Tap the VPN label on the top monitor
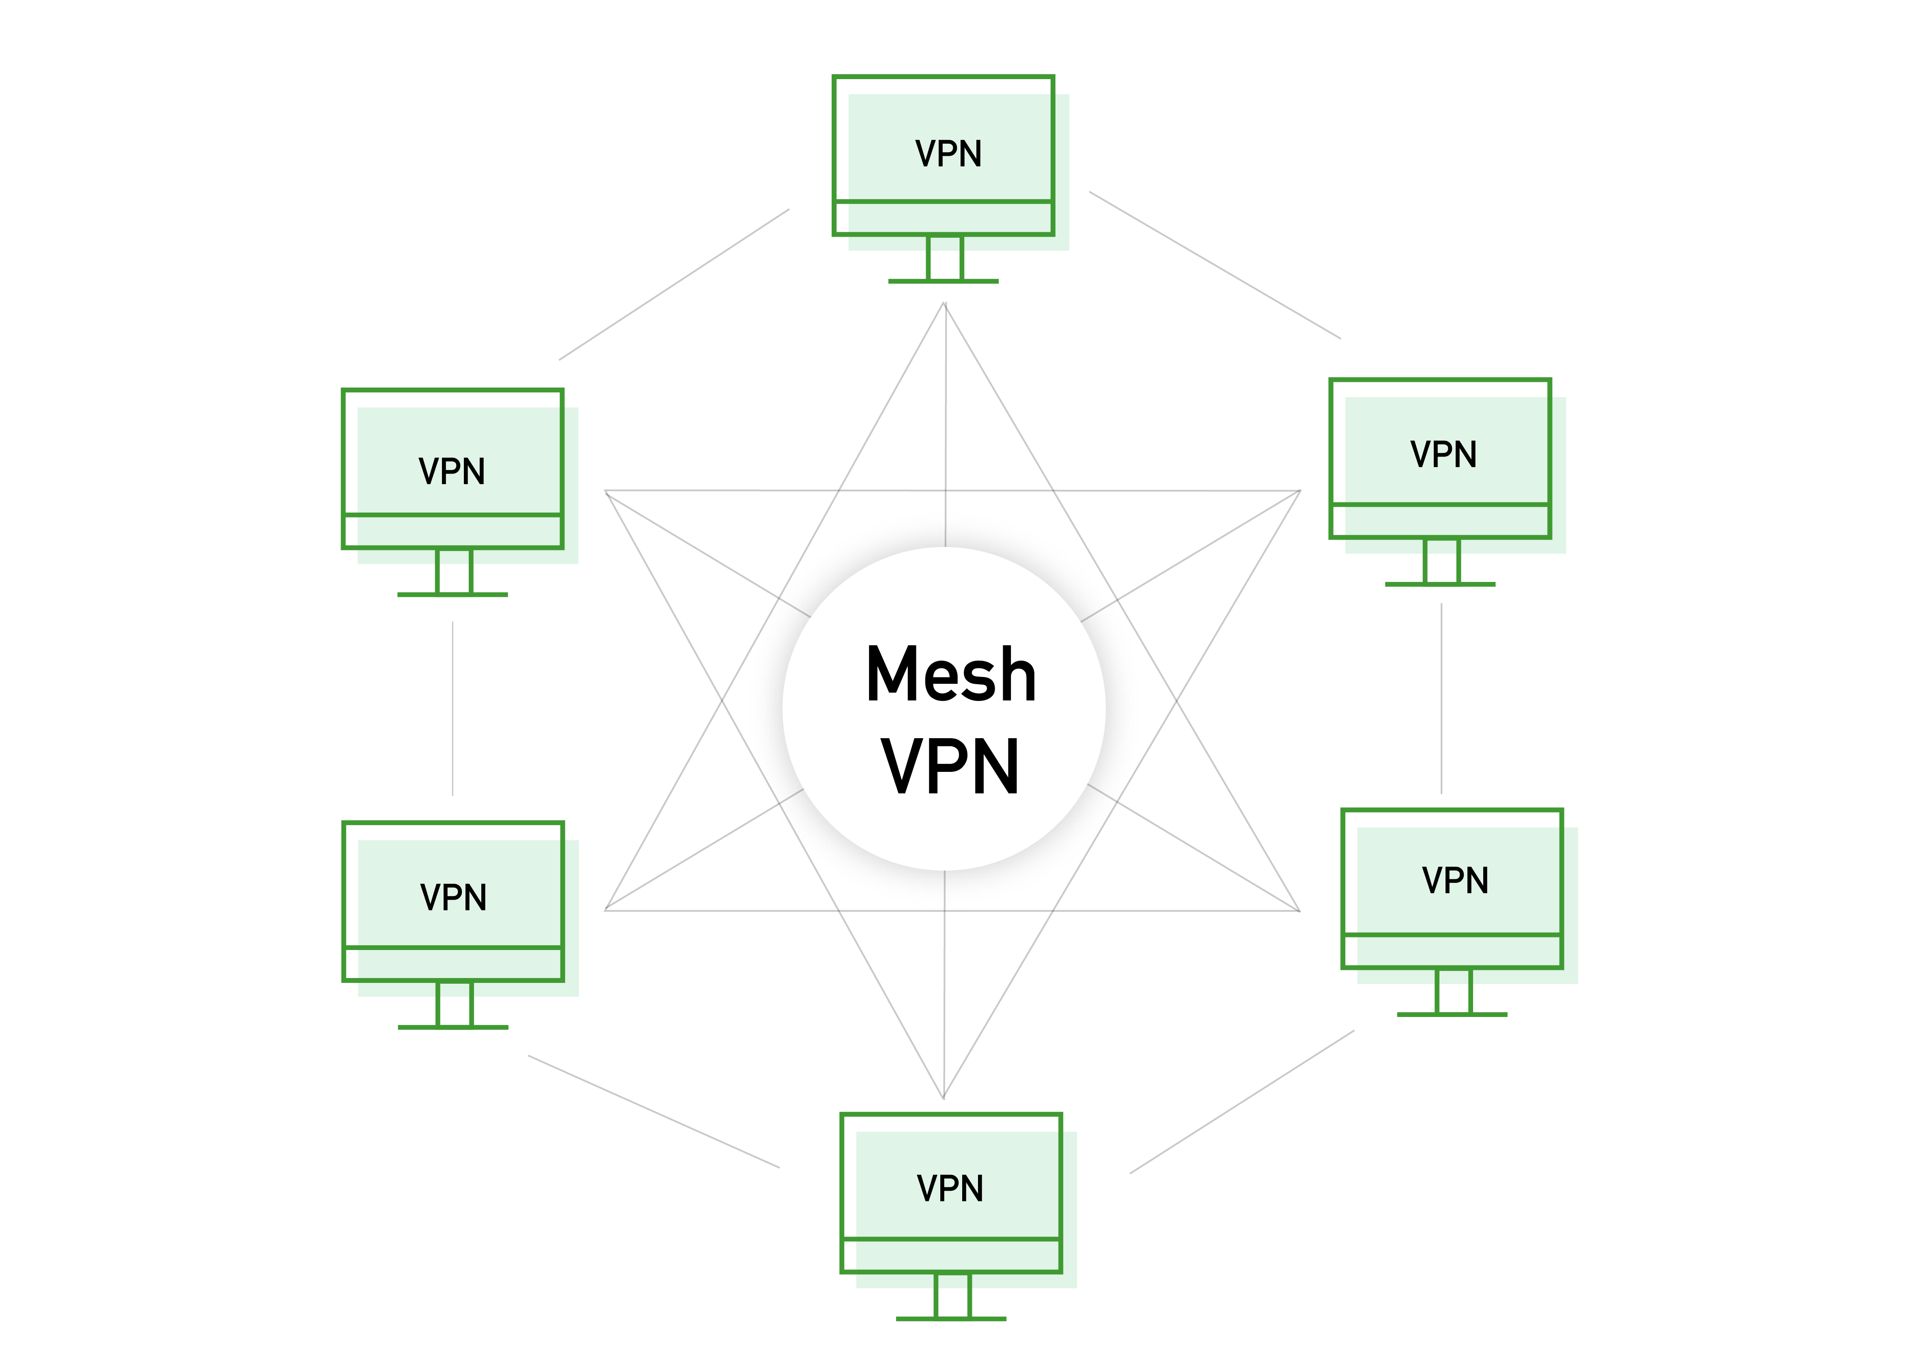click(x=948, y=155)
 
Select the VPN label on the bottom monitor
click(x=950, y=1189)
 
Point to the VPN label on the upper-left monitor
click(x=452, y=472)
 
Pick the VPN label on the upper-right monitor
click(x=1443, y=455)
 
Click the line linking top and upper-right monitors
click(x=1215, y=265)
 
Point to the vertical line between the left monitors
click(x=453, y=709)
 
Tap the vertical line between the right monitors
click(x=1441, y=698)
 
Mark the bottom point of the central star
click(x=944, y=1097)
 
